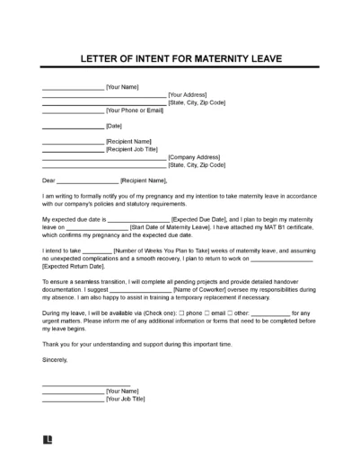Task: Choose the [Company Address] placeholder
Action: [x=197, y=157]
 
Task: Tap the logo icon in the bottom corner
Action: [x=47, y=442]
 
